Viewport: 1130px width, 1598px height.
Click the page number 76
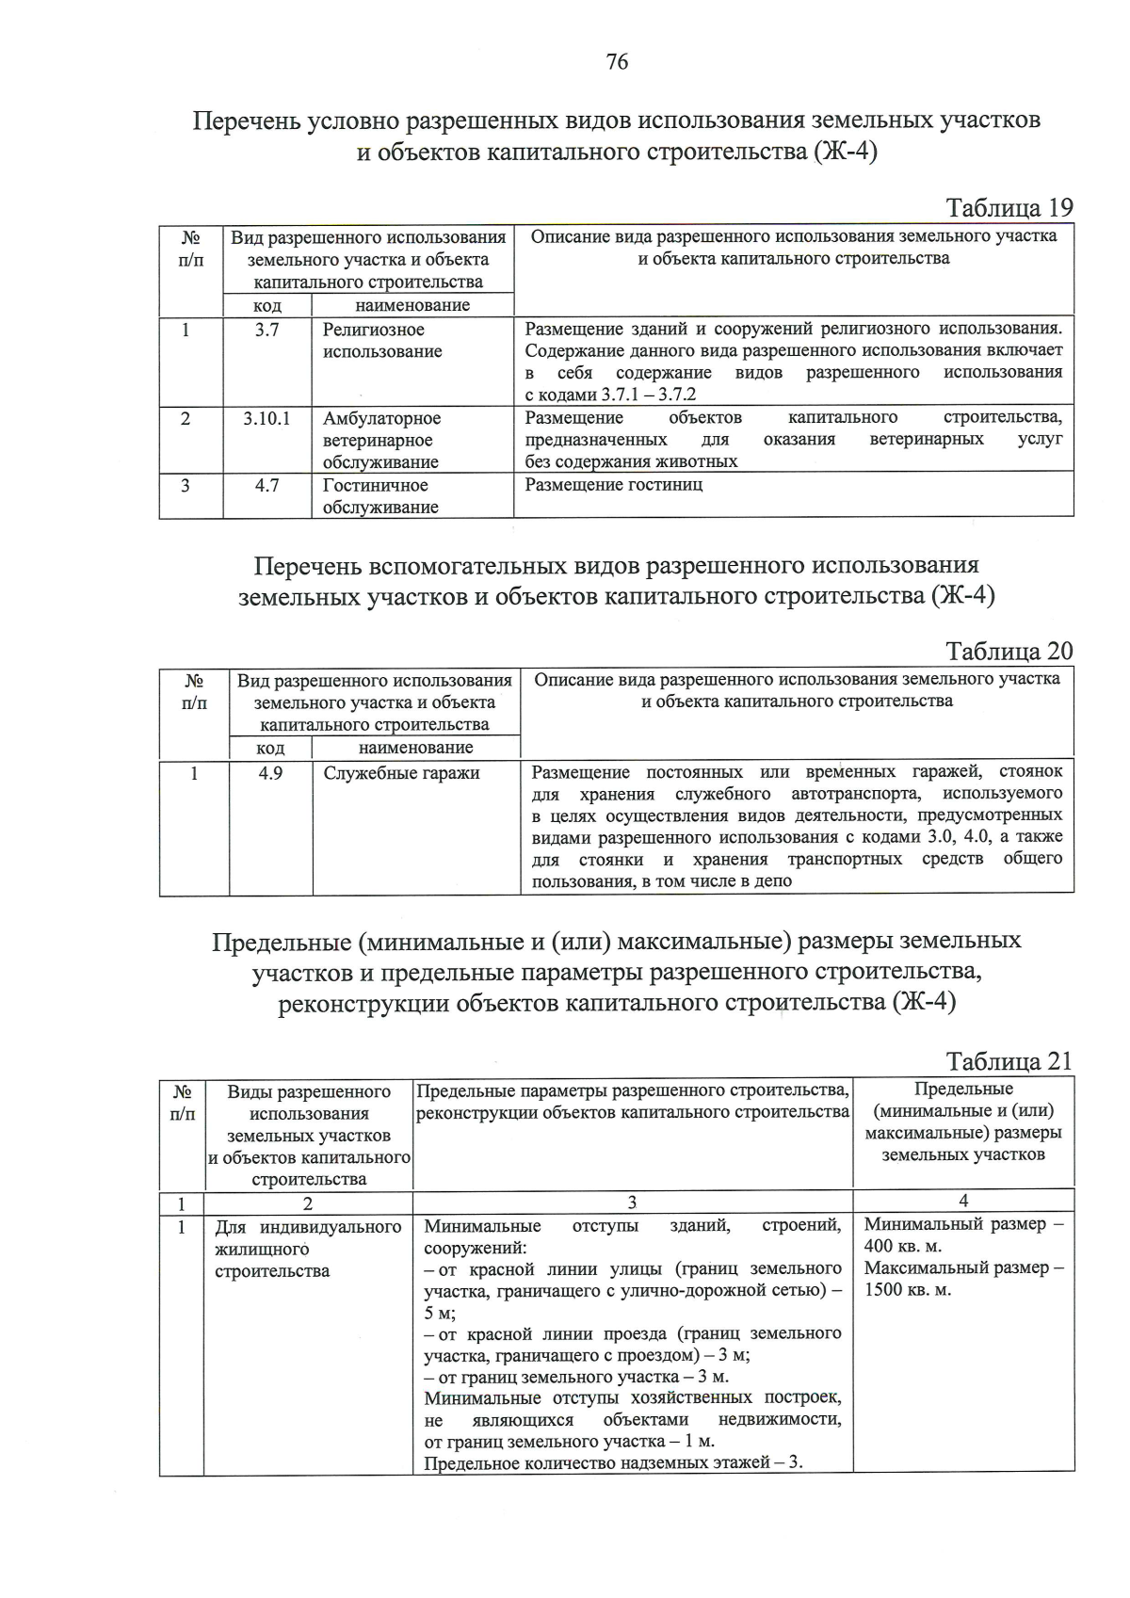pyautogui.click(x=618, y=62)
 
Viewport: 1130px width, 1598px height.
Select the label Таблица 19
pyautogui.click(x=1009, y=208)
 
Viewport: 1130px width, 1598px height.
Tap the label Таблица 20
pyautogui.click(x=1009, y=652)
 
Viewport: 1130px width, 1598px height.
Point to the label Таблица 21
pyautogui.click(x=1009, y=1061)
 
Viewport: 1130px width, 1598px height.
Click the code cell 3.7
pyautogui.click(x=266, y=330)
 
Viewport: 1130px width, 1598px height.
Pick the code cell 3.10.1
pyautogui.click(x=266, y=418)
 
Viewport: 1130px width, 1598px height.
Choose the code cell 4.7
pyautogui.click(x=266, y=485)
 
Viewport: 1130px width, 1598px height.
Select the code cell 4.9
pyautogui.click(x=270, y=773)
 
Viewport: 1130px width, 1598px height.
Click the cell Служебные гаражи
pyautogui.click(x=402, y=773)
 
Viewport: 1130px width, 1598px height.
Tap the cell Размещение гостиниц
pyautogui.click(x=614, y=485)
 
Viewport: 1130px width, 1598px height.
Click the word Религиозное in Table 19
pyautogui.click(x=374, y=330)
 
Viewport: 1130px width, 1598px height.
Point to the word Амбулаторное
pyautogui.click(x=381, y=418)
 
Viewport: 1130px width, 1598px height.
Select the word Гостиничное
pyautogui.click(x=375, y=485)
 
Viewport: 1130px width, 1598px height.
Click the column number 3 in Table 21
pyautogui.click(x=632, y=1203)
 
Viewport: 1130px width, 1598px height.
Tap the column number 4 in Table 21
pyautogui.click(x=963, y=1201)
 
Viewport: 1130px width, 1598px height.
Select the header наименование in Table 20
pyautogui.click(x=415, y=748)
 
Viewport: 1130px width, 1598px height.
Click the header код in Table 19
pyautogui.click(x=267, y=305)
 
